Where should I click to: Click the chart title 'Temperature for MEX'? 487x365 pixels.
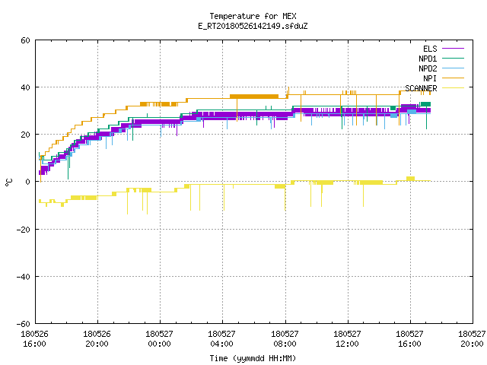click(253, 16)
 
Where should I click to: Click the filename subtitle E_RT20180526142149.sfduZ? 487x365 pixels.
click(253, 26)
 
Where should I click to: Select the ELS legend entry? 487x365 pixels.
click(444, 49)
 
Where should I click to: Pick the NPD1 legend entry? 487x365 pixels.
click(441, 59)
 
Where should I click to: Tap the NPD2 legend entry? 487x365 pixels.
click(441, 68)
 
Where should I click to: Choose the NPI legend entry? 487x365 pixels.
click(444, 78)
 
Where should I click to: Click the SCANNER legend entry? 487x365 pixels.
click(434, 88)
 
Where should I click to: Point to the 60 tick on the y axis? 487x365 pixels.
click(25, 40)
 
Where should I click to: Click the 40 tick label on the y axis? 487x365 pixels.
click(25, 87)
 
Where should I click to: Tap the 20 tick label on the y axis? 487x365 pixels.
click(25, 135)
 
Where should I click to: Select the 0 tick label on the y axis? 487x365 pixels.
click(28, 182)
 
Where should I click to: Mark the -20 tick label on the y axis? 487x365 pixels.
click(24, 230)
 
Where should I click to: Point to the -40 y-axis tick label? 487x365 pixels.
click(24, 277)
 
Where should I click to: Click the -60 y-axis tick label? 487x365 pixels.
click(24, 324)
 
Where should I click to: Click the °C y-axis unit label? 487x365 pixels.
click(9, 182)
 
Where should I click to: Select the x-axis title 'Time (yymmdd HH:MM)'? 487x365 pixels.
click(253, 358)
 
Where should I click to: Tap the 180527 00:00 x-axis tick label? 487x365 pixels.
click(159, 339)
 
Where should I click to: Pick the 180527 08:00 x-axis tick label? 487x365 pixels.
click(285, 339)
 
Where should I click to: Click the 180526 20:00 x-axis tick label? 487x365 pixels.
click(97, 339)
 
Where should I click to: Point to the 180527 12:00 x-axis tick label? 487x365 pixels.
click(347, 339)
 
